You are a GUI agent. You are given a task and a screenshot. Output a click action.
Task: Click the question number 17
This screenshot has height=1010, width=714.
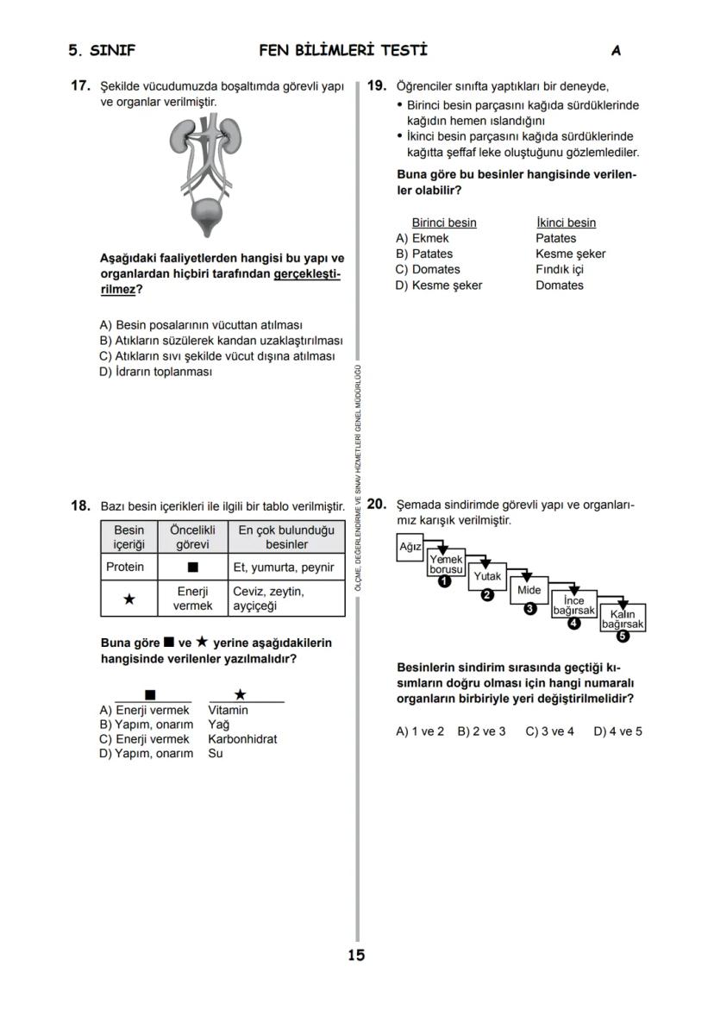[80, 86]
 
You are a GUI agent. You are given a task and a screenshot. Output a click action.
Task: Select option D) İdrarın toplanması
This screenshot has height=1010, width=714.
[156, 372]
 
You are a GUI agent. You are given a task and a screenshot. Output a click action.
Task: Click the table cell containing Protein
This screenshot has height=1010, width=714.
[125, 568]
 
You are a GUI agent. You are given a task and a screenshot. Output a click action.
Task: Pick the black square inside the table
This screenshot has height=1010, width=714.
[193, 568]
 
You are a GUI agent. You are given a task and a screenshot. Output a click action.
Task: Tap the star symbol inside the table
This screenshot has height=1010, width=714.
[128, 599]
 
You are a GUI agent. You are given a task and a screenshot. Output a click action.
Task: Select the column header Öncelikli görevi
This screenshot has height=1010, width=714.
[193, 537]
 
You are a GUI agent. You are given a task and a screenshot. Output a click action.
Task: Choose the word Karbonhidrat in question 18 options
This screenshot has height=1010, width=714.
[242, 739]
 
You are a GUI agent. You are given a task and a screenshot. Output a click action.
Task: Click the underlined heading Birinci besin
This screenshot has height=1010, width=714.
[443, 223]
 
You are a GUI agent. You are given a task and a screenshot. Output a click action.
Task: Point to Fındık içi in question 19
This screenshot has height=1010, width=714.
[560, 269]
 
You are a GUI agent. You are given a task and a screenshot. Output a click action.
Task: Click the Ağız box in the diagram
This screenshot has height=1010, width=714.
[410, 547]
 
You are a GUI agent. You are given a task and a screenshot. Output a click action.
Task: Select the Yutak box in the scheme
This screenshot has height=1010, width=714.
[487, 575]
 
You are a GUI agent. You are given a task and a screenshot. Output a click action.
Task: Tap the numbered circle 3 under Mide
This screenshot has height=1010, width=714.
[530, 609]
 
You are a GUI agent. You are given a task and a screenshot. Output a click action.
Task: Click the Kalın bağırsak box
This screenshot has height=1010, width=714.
[623, 618]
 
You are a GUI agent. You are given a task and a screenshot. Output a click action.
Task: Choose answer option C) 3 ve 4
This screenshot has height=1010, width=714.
[549, 731]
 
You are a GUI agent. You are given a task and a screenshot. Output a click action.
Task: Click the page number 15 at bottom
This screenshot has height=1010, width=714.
[356, 955]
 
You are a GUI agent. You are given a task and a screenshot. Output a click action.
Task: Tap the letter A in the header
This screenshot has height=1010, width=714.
[616, 51]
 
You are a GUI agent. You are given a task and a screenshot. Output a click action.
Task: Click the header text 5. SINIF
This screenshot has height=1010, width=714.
[102, 51]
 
